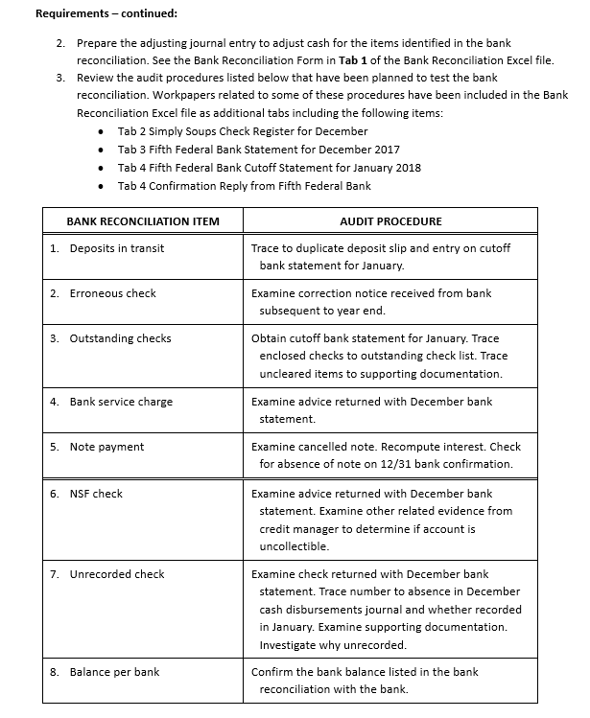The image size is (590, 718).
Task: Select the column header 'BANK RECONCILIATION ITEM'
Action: (x=143, y=221)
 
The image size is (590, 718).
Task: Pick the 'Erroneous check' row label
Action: (x=112, y=293)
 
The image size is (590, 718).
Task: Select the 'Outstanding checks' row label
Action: (x=120, y=338)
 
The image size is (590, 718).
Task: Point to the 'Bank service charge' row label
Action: (x=121, y=402)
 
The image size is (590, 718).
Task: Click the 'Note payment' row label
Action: (x=106, y=447)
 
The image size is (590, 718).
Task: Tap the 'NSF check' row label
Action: (x=96, y=494)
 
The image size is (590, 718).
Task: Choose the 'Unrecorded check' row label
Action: (x=117, y=574)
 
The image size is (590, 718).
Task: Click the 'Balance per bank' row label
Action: (x=114, y=672)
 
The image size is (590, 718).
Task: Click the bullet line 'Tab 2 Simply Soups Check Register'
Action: (x=243, y=131)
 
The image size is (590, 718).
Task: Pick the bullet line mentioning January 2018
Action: (x=270, y=168)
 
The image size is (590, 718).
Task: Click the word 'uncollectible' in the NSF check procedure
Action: (x=294, y=546)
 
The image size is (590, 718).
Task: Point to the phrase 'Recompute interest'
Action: (x=427, y=447)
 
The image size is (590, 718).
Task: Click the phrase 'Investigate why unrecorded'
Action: (x=326, y=645)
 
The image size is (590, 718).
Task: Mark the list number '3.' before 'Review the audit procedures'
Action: (x=61, y=77)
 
